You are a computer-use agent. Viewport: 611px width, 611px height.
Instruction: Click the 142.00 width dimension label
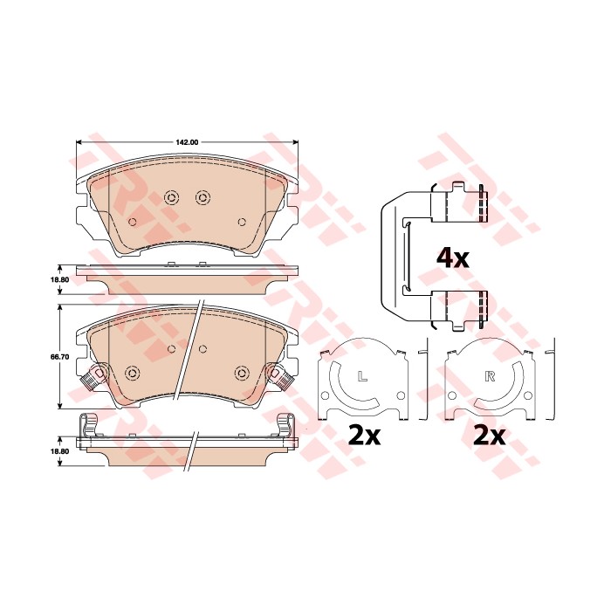tap(188, 142)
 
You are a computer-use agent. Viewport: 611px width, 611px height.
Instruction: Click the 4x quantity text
tap(453, 257)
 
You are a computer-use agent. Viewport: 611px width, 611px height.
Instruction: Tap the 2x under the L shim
tap(364, 436)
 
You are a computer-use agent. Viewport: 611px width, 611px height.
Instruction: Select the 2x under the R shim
tap(489, 436)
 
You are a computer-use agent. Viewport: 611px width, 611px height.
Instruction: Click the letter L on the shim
tap(363, 376)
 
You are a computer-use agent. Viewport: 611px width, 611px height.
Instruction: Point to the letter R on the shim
tap(490, 376)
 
